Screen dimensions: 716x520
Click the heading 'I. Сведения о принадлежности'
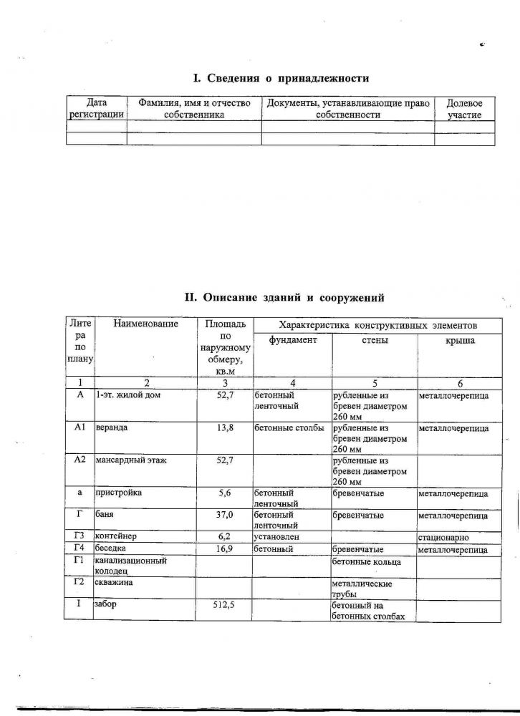coord(281,78)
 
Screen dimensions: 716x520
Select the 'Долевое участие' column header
coord(464,109)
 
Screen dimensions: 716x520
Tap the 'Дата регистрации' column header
coord(96,109)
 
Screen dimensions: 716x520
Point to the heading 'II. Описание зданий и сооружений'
coord(284,296)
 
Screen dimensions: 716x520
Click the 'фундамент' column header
coord(292,340)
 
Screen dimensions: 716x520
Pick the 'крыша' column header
coord(460,340)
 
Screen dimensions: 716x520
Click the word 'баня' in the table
coord(105,514)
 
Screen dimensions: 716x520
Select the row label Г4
coord(80,548)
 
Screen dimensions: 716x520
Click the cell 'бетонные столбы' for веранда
coord(289,427)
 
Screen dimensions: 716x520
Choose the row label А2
coord(80,460)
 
